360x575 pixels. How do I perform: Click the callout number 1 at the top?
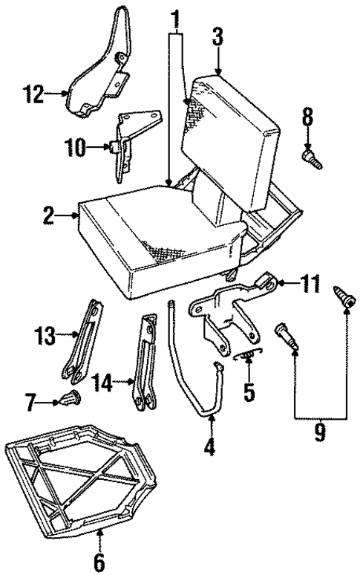coord(175,16)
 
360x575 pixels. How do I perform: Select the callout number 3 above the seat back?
coord(217,36)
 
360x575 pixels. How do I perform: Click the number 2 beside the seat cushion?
coord(50,217)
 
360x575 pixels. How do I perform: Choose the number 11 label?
coord(312,283)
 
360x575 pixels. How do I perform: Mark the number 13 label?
coord(45,337)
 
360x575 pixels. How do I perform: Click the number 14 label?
coord(105,383)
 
